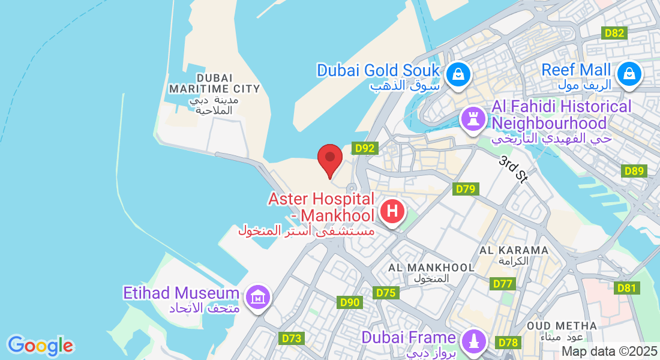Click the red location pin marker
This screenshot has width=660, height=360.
pyautogui.click(x=329, y=160)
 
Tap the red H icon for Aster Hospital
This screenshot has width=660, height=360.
pyautogui.click(x=392, y=212)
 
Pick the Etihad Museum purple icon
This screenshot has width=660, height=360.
pyautogui.click(x=258, y=296)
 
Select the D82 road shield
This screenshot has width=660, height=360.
pyautogui.click(x=614, y=33)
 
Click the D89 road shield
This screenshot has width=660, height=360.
pyautogui.click(x=635, y=171)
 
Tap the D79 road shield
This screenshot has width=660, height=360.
pyautogui.click(x=466, y=190)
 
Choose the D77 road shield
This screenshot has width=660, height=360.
pyautogui.click(x=503, y=284)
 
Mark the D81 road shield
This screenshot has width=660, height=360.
pyautogui.click(x=626, y=289)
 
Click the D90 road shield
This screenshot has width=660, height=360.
pyautogui.click(x=349, y=302)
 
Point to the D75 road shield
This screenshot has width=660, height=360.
pyautogui.click(x=386, y=293)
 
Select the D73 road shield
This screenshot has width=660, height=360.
pyautogui.click(x=292, y=338)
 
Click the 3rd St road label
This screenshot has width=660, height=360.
pyautogui.click(x=513, y=170)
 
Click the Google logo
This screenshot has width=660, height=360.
pyautogui.click(x=40, y=346)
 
